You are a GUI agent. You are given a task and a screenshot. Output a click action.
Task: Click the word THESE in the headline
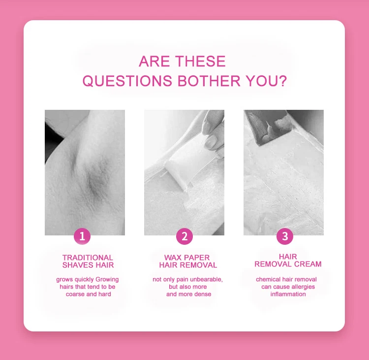201,61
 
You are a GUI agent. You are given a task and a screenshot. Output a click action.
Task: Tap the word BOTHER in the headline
209,81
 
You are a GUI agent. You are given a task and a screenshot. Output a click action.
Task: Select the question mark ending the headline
282,81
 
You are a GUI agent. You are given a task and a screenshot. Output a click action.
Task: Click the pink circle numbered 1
82,236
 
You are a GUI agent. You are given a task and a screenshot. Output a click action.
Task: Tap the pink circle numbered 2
184,236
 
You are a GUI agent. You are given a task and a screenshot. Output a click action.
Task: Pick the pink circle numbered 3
285,236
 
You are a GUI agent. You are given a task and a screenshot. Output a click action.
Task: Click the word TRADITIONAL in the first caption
88,258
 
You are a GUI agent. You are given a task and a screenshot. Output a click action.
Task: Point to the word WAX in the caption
172,258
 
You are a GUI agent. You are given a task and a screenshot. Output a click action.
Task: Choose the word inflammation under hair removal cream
288,294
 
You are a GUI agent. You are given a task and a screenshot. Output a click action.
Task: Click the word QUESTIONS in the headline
127,81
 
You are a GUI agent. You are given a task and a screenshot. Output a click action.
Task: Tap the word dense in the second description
203,294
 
